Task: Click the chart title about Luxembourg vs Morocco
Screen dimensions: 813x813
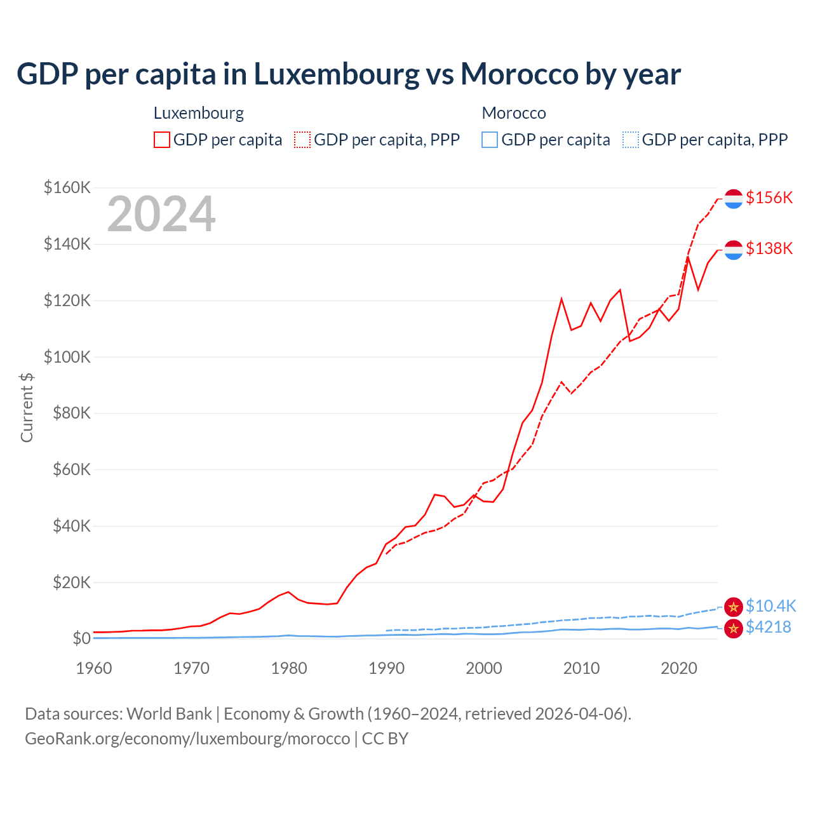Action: pyautogui.click(x=348, y=74)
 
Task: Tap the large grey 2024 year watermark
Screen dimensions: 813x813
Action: pyautogui.click(x=161, y=215)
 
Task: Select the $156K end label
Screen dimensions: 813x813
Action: pyautogui.click(x=769, y=198)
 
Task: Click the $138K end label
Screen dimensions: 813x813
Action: pyautogui.click(x=769, y=248)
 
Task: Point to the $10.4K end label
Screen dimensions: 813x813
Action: pyautogui.click(x=770, y=606)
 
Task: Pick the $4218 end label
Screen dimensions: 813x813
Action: pyautogui.click(x=768, y=627)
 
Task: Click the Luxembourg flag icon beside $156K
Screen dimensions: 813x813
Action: pyautogui.click(x=734, y=199)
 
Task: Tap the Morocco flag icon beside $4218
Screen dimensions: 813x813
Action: pyautogui.click(x=734, y=629)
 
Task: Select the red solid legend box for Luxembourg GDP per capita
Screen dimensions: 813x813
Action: pyautogui.click(x=162, y=140)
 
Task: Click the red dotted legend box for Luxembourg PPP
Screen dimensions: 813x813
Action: pyautogui.click(x=302, y=140)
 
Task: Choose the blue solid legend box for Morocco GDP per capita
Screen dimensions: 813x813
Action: pyautogui.click(x=490, y=140)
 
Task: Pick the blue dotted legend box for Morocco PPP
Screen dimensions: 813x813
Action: pyautogui.click(x=631, y=140)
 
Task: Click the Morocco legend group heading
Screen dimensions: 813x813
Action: pyautogui.click(x=514, y=113)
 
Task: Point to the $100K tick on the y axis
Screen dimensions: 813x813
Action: pyautogui.click(x=67, y=357)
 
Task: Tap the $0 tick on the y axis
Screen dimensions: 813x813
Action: pyautogui.click(x=81, y=638)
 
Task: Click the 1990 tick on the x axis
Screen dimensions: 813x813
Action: pyautogui.click(x=386, y=668)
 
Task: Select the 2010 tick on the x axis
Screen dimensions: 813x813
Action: pyautogui.click(x=581, y=668)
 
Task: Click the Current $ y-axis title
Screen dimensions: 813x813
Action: pyautogui.click(x=27, y=407)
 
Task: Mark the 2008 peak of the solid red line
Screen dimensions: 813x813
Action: pyautogui.click(x=561, y=299)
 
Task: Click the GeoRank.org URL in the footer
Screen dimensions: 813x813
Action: pyautogui.click(x=187, y=739)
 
